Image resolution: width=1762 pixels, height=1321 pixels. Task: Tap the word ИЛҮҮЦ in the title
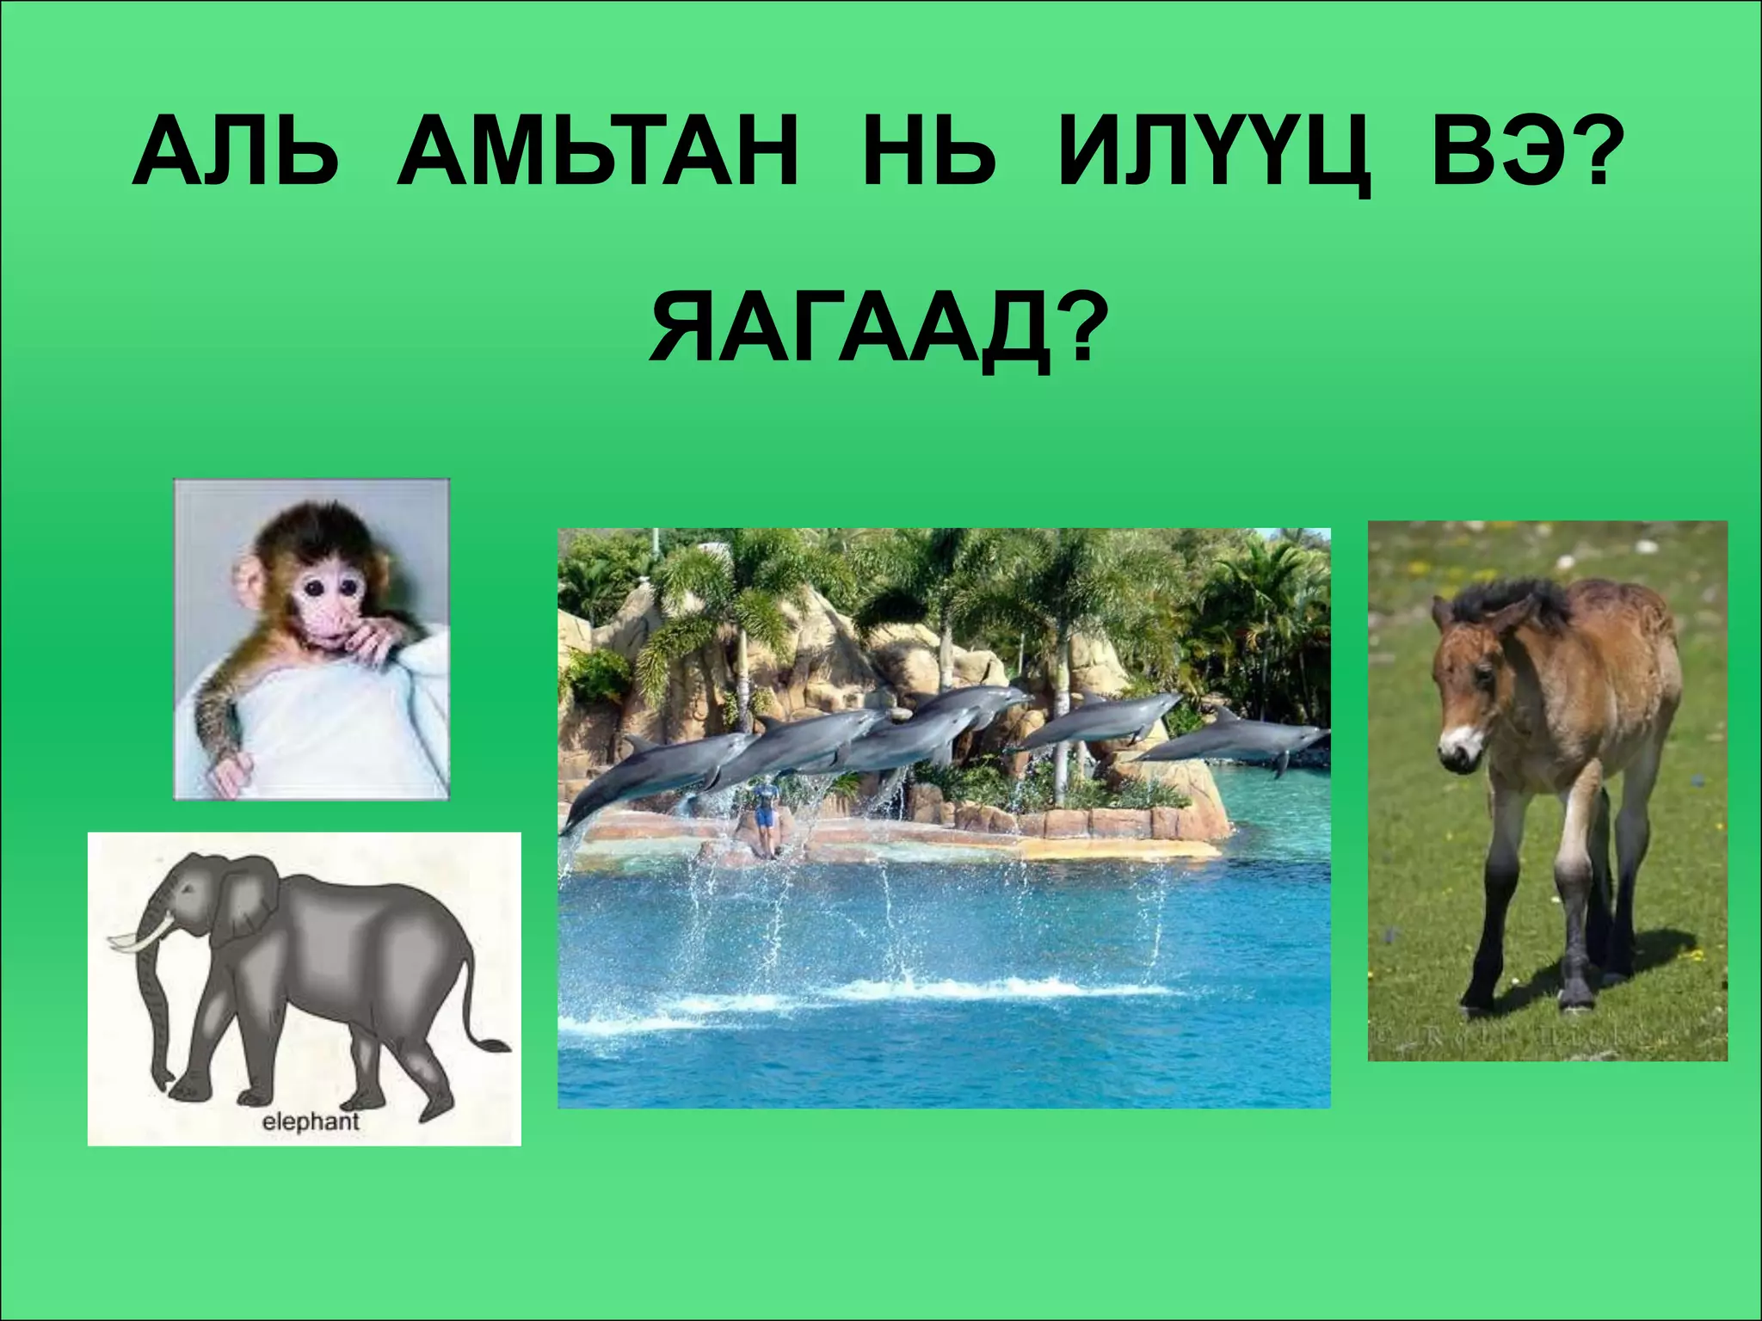(1214, 160)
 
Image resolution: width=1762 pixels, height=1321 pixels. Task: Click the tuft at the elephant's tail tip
(494, 1045)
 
